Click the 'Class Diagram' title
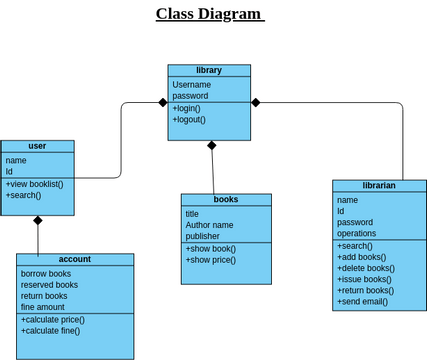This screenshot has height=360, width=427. tap(210, 14)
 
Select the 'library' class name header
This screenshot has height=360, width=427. tap(209, 70)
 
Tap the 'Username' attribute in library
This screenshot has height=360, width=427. tap(191, 84)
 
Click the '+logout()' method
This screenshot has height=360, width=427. tap(189, 120)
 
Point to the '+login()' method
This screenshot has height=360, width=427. tap(186, 108)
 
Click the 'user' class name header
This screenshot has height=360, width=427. tap(37, 146)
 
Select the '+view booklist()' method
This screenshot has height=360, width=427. tap(35, 184)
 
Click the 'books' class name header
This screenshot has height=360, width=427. tap(226, 200)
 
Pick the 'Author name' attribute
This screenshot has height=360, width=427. tap(209, 225)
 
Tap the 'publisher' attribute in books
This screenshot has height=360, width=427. tap(202, 237)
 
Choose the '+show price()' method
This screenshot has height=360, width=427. tap(210, 260)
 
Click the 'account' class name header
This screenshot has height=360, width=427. tap(75, 259)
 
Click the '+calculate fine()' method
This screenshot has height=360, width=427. tap(50, 331)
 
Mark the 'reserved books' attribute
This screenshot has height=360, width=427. tap(50, 285)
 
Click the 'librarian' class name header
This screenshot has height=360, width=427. tap(379, 186)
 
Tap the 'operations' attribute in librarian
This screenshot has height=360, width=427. tap(357, 234)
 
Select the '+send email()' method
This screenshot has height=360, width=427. tap(363, 301)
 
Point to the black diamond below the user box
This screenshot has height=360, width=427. tap(38, 221)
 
